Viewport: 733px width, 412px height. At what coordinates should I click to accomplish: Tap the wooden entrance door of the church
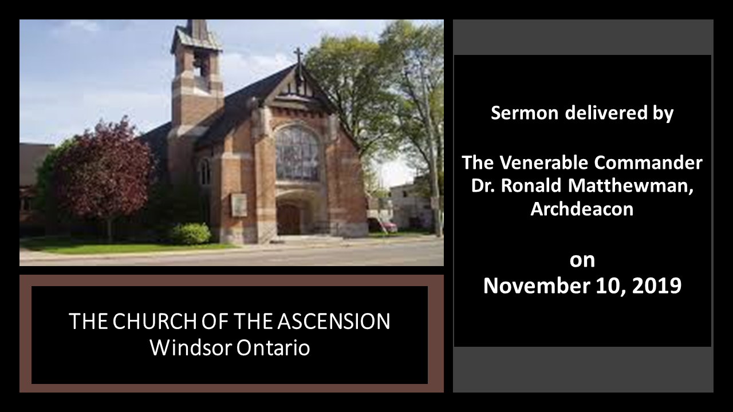pos(288,219)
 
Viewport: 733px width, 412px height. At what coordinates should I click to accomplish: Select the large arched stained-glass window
pos(297,153)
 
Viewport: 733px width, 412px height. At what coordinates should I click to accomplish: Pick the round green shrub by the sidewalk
pos(191,233)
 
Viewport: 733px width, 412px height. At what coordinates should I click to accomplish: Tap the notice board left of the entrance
pos(239,205)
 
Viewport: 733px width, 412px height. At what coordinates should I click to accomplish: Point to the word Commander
pos(649,163)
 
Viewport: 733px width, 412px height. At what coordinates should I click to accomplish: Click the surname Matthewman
pos(630,186)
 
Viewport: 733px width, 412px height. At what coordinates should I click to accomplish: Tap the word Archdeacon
pos(582,209)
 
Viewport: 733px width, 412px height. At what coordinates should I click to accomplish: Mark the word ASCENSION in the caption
pos(334,321)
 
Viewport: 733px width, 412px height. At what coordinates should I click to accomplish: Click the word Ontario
pos(273,347)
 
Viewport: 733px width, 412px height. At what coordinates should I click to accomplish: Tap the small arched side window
pos(205,171)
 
